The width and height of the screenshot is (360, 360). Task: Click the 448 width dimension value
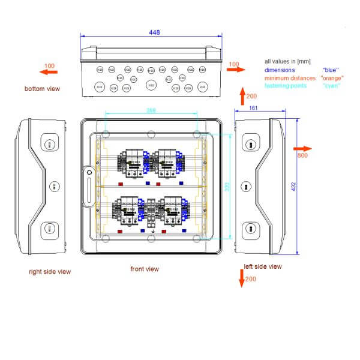tap(155, 33)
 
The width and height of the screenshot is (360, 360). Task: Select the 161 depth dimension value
tap(253, 109)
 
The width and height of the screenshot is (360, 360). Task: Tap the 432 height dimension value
tap(294, 187)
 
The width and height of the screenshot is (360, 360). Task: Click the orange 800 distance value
tap(302, 156)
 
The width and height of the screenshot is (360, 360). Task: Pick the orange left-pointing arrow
tap(49, 72)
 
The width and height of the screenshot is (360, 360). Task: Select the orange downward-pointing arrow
tap(242, 278)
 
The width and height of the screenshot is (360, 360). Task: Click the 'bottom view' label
tap(43, 89)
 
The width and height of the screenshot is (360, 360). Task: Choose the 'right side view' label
tap(50, 272)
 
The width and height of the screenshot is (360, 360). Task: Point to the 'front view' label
tap(145, 269)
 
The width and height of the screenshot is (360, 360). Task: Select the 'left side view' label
tap(262, 266)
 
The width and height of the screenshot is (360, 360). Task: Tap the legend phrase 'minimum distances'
tap(290, 78)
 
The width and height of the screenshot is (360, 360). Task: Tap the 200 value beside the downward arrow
tap(251, 280)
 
